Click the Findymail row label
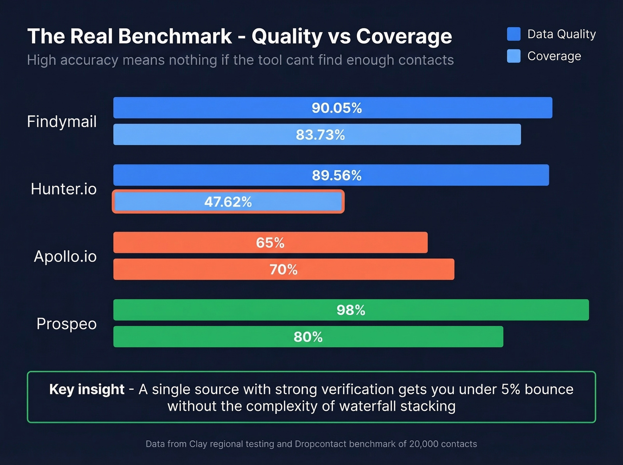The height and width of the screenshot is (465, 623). pyautogui.click(x=62, y=121)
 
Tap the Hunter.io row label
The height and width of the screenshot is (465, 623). pyautogui.click(x=64, y=189)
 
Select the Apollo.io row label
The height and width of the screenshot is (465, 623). pyautogui.click(x=65, y=256)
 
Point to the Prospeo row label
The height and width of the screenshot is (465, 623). pyautogui.click(x=66, y=324)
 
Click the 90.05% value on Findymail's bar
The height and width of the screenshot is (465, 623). pyautogui.click(x=336, y=108)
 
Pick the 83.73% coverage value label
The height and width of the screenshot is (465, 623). pyautogui.click(x=320, y=135)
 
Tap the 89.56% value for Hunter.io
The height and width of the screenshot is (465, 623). pyautogui.click(x=336, y=175)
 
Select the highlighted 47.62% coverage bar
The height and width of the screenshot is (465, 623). pyautogui.click(x=228, y=202)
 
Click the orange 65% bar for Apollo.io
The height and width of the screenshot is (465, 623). pyautogui.click(x=270, y=243)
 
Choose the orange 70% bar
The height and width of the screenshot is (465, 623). pyautogui.click(x=283, y=269)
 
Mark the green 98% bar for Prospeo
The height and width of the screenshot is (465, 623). pyautogui.click(x=351, y=310)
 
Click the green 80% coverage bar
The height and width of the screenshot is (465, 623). pyautogui.click(x=308, y=337)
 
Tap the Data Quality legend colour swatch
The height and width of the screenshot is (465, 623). pyautogui.click(x=514, y=34)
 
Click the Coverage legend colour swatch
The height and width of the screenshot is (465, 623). pyautogui.click(x=514, y=56)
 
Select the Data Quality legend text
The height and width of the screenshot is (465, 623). pyautogui.click(x=561, y=34)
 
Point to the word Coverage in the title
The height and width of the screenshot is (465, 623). pyautogui.click(x=404, y=36)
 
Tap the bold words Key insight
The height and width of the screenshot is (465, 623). pyautogui.click(x=87, y=389)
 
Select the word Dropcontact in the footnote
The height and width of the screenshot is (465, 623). pyautogui.click(x=321, y=444)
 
